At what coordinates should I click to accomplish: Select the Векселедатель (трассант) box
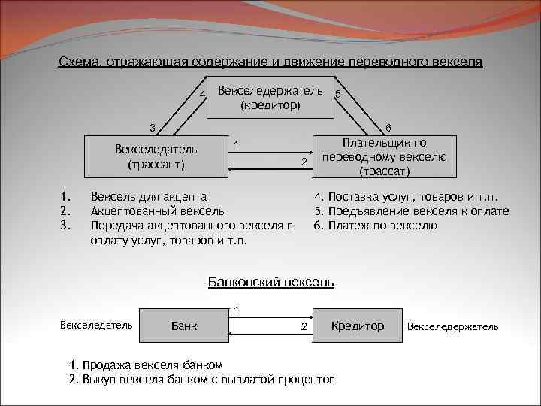point(156,156)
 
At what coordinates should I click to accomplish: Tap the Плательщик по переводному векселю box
point(384,156)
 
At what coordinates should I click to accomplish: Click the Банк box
point(185,326)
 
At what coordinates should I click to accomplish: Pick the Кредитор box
point(357,326)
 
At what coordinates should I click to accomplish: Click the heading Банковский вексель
point(270,283)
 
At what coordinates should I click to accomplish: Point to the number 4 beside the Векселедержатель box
point(202,94)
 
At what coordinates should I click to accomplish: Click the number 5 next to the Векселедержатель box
point(339,94)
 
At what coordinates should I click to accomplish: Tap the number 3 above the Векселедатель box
point(153,126)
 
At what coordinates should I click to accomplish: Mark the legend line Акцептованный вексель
point(156,211)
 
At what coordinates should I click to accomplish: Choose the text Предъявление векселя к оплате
point(412,211)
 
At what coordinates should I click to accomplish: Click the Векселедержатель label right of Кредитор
point(452,327)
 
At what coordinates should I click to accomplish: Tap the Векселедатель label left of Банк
point(96,325)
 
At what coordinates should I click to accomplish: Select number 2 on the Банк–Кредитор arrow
point(304,327)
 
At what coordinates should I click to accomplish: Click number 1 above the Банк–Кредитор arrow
point(237,310)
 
